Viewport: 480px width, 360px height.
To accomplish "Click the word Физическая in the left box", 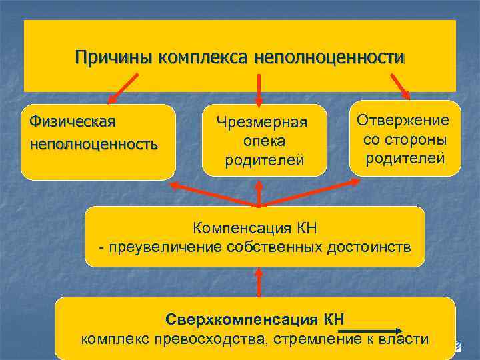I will [69, 122].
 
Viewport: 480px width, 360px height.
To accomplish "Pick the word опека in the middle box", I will [264, 141].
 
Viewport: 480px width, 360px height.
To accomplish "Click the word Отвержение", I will [403, 120].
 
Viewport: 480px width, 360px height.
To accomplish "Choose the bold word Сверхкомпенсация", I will [242, 319].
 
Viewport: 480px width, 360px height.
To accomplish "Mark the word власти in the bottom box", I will [406, 339].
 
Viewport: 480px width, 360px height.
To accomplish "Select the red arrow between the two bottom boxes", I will [259, 281].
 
